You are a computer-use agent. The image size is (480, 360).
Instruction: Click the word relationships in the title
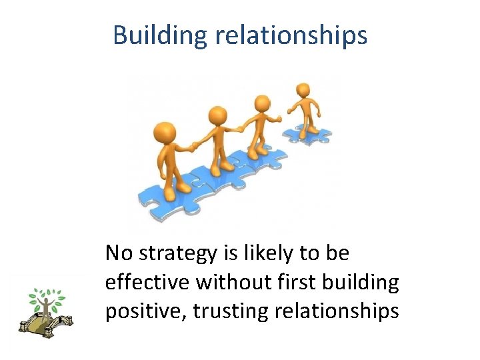pyautogui.click(x=291, y=35)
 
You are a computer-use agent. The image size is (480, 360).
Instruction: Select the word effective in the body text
pyautogui.click(x=147, y=283)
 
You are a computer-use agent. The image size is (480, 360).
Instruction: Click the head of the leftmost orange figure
pyautogui.click(x=164, y=132)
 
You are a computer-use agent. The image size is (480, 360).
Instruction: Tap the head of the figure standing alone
pyautogui.click(x=303, y=90)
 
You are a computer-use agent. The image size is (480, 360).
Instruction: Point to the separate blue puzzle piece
pyautogui.click(x=307, y=134)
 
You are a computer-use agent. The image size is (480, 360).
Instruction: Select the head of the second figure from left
pyautogui.click(x=217, y=116)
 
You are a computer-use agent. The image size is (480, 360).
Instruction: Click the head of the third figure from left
pyautogui.click(x=263, y=103)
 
